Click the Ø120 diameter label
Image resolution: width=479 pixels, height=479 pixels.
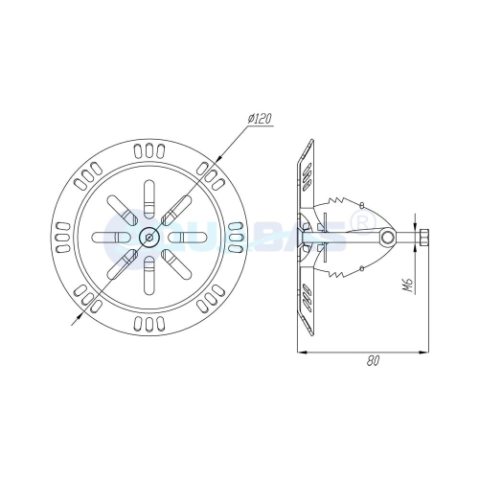click(261, 118)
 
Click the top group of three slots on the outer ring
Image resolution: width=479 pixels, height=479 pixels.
click(148, 150)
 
